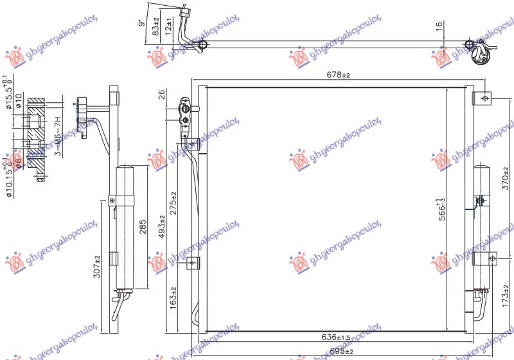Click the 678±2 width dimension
(337, 75)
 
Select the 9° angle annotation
(141, 26)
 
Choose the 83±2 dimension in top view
(155, 28)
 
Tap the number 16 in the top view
(439, 27)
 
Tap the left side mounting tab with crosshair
(192, 263)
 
